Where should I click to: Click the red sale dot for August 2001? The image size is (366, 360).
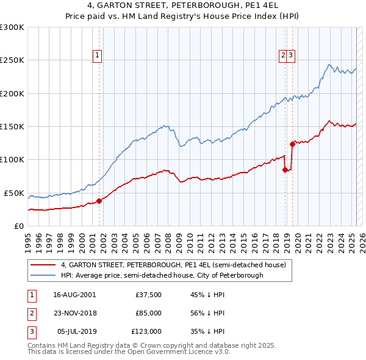pos(99,201)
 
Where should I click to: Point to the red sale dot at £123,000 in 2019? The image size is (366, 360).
pos(292,144)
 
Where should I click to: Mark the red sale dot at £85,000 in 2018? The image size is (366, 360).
pos(285,170)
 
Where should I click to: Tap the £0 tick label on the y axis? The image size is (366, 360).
pos(18,226)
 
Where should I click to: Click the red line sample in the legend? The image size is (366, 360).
pos(43,265)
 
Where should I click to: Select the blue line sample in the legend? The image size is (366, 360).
pos(43,275)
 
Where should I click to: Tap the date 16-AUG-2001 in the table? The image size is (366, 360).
pos(74,295)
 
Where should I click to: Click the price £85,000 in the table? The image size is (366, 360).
pos(148,314)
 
